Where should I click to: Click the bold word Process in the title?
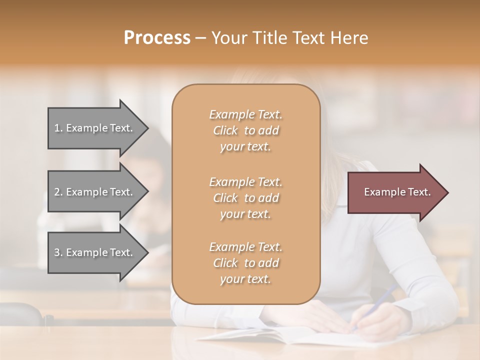tap(157, 38)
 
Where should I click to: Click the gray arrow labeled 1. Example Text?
tap(95, 128)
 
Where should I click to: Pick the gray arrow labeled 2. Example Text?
tap(95, 192)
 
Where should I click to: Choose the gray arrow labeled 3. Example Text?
tap(95, 252)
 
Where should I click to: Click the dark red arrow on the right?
tap(395, 192)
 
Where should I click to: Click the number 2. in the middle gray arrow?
tap(58, 192)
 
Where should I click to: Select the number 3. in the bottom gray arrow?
tap(58, 252)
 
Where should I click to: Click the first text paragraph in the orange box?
tap(245, 130)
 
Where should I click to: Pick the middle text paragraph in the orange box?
tap(245, 198)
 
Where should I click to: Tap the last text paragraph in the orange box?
tap(245, 263)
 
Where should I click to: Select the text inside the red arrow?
tap(397, 192)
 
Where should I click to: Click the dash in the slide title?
tap(200, 38)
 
